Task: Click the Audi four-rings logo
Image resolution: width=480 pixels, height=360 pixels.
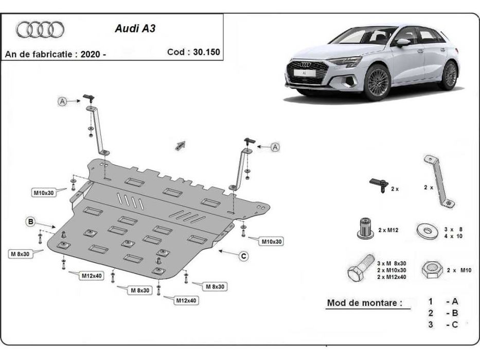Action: pyautogui.click(x=40, y=29)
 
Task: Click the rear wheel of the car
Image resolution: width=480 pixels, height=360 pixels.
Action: pyautogui.click(x=450, y=75)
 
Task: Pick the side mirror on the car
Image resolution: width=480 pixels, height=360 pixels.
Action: pyautogui.click(x=403, y=43)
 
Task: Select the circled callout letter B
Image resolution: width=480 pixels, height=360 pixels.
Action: pyautogui.click(x=31, y=222)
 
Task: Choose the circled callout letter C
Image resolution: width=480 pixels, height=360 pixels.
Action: pyautogui.click(x=243, y=255)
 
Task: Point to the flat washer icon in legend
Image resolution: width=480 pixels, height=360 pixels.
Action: pyautogui.click(x=426, y=228)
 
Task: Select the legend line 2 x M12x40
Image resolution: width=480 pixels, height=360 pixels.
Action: pyautogui.click(x=392, y=277)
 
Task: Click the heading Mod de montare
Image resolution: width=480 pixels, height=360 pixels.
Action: pyautogui.click(x=364, y=303)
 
